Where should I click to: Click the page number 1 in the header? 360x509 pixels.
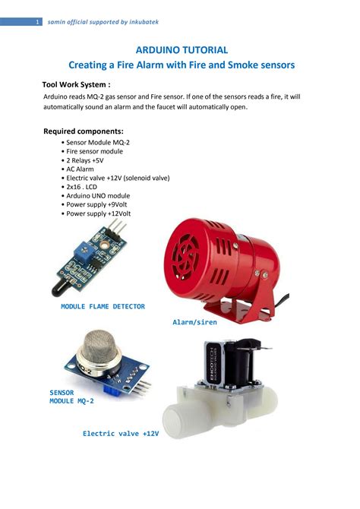pyautogui.click(x=37, y=22)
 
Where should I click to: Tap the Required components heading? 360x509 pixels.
pyautogui.click(x=83, y=131)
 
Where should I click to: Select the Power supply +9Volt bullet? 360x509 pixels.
pyautogui.click(x=101, y=205)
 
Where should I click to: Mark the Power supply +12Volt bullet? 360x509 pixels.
pyautogui.click(x=103, y=214)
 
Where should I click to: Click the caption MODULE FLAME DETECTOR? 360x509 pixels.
pyautogui.click(x=103, y=306)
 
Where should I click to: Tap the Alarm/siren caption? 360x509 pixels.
pyautogui.click(x=194, y=322)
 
